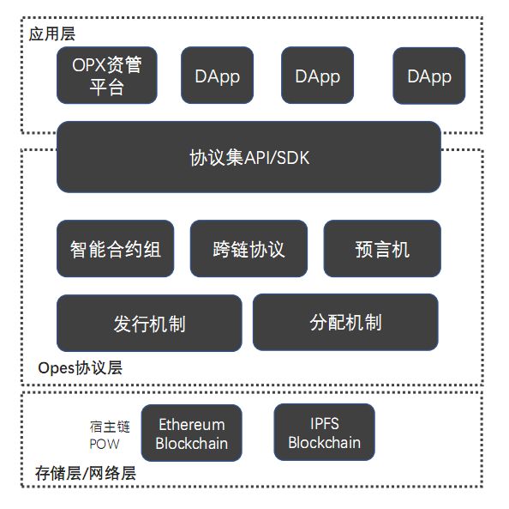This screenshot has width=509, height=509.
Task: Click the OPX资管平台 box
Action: pos(107,76)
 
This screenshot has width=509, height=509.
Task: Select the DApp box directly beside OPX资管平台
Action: pos(217,76)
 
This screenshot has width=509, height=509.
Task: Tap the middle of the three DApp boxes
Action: pos(317,76)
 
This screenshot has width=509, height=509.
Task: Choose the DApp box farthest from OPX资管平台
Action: pos(428,76)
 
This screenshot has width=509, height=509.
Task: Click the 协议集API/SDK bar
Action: pos(249,157)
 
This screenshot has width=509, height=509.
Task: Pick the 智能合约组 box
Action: pos(115,248)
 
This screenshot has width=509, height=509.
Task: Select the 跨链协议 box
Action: pos(249,248)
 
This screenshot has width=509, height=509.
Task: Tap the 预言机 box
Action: pos(382,248)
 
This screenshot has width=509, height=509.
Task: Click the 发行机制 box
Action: pos(149,323)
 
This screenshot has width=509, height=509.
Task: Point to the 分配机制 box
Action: pos(345,322)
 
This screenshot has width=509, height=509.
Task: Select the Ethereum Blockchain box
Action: pos(192,433)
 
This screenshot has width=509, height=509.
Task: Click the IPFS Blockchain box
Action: pos(324,433)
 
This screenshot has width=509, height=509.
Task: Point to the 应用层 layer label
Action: pos(52,34)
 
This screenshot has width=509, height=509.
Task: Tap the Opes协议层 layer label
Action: pos(81,368)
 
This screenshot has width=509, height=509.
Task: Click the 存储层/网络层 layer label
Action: pos(86,473)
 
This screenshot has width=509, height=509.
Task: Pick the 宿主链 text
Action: pos(110,427)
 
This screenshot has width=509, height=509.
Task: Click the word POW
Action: pos(105,444)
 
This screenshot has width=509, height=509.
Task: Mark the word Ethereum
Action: pos(192,425)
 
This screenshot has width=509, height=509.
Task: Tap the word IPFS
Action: pos(324,423)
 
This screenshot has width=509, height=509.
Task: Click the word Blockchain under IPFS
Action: pos(324,443)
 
